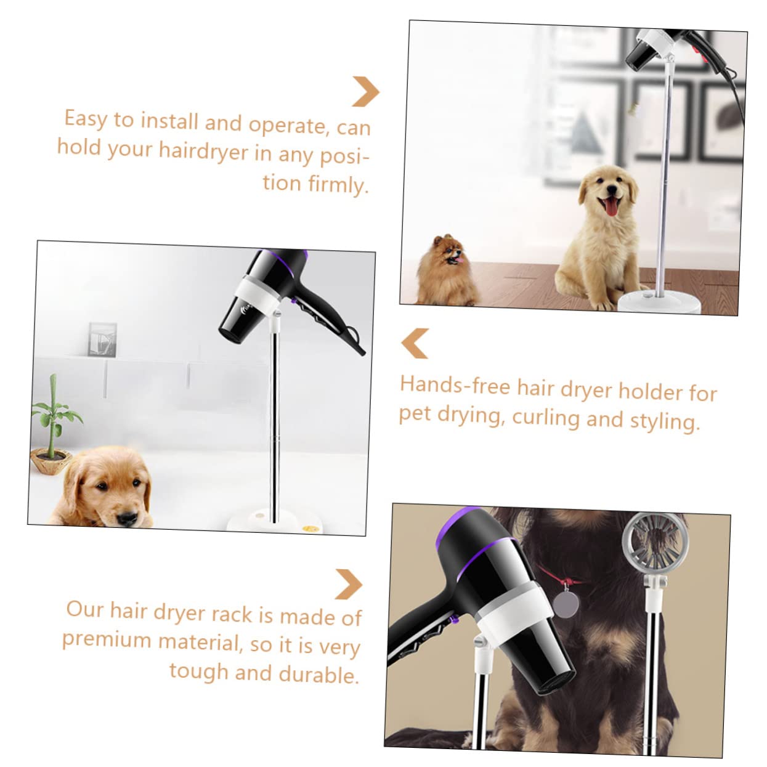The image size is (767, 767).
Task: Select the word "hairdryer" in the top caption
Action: [x=204, y=151]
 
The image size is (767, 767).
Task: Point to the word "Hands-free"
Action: [x=455, y=386]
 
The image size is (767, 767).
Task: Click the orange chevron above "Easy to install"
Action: [x=365, y=91]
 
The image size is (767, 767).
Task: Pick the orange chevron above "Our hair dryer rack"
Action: [x=349, y=583]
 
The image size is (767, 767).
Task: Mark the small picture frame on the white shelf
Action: [x=102, y=339]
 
